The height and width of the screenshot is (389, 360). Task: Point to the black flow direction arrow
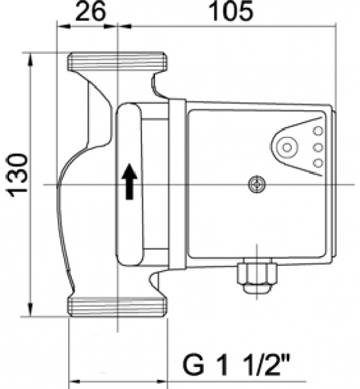coord(130,181)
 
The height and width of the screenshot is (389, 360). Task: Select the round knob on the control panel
coord(287,147)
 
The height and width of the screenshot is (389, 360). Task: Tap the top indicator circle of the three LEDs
coord(318,131)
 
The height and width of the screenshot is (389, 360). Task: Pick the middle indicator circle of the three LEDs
coord(318,147)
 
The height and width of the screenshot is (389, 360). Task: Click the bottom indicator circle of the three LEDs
coord(318,162)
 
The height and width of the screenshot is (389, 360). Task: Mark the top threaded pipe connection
coord(117,62)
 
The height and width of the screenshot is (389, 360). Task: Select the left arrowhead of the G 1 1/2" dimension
coord(73,379)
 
